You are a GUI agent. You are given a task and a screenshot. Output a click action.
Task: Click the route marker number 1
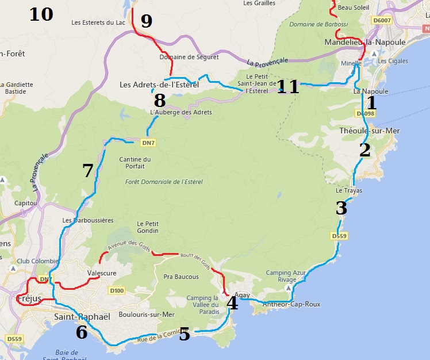click(371, 103)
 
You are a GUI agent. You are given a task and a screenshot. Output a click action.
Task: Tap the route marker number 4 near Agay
click(232, 302)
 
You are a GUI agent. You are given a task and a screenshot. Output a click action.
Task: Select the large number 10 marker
click(41, 14)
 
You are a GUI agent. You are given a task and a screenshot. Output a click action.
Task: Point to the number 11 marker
click(288, 87)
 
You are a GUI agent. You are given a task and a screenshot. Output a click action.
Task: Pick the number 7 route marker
click(87, 170)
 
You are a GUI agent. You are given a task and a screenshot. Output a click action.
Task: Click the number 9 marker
click(146, 21)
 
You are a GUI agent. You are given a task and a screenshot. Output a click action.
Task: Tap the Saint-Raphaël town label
click(82, 317)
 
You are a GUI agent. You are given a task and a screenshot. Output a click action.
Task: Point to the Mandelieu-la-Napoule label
click(365, 43)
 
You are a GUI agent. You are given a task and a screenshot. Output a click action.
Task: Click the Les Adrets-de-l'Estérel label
click(159, 85)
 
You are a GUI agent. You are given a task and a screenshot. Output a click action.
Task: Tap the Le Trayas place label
click(347, 190)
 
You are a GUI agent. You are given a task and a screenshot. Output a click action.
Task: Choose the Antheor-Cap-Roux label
click(291, 304)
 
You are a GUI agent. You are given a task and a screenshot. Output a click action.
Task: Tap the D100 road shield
click(116, 290)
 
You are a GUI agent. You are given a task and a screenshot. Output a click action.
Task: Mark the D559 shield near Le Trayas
click(340, 236)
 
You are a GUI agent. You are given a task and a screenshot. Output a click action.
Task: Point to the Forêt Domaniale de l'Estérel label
click(164, 182)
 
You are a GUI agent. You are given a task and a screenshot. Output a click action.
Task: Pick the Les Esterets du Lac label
click(97, 23)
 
